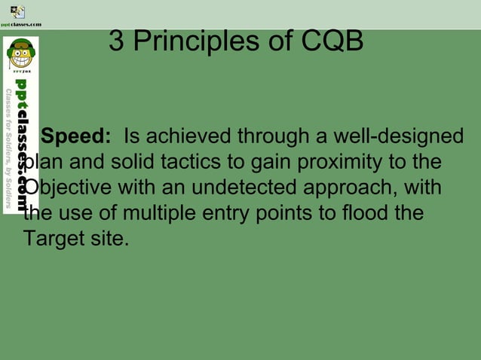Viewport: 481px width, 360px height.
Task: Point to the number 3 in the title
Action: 117,41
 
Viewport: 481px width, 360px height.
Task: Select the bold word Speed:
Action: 76,137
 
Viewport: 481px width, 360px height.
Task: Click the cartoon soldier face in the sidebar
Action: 20,55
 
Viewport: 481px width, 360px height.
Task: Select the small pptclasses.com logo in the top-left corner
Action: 18,14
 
